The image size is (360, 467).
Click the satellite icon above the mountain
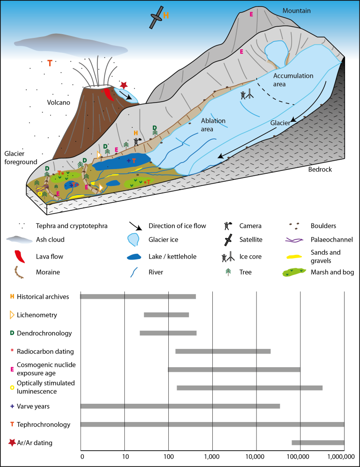157,16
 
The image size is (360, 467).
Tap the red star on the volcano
124,85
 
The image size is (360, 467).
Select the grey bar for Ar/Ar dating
318,442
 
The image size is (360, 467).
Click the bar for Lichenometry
166,315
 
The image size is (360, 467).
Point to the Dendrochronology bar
168,333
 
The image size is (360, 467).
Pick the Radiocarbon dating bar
223,351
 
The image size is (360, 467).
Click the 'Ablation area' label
213,124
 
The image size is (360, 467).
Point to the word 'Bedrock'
320,170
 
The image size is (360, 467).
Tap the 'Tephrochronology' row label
44,425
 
